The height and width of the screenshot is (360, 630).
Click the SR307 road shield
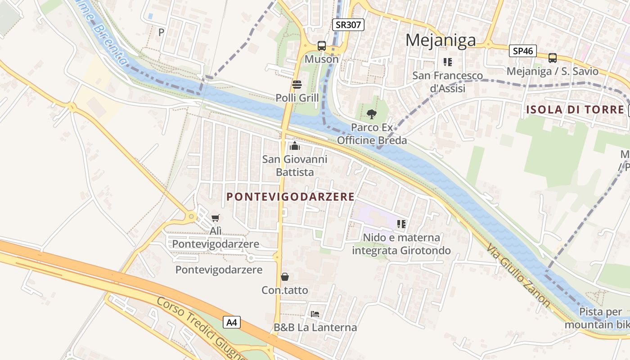(348, 25)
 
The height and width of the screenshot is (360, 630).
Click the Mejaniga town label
(441, 40)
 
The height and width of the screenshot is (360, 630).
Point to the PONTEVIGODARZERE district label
(291, 197)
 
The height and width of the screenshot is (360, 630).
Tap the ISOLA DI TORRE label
(576, 109)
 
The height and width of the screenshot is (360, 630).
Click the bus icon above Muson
(322, 46)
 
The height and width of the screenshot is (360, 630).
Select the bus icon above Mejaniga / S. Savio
(553, 58)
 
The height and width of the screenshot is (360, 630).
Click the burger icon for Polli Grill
(297, 84)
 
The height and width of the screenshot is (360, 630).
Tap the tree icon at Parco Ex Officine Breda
(372, 114)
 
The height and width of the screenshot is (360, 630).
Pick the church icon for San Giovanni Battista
(295, 146)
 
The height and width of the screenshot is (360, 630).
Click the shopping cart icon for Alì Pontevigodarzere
(216, 218)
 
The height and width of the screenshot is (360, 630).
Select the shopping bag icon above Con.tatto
(285, 277)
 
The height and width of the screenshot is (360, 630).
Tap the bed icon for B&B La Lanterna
(315, 314)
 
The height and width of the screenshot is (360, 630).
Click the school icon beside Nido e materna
(401, 224)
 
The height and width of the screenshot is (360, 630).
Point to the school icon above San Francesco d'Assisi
(447, 62)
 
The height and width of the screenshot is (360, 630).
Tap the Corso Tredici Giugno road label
(200, 328)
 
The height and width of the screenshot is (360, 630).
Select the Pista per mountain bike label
(595, 318)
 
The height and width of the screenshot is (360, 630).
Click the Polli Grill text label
(297, 98)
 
